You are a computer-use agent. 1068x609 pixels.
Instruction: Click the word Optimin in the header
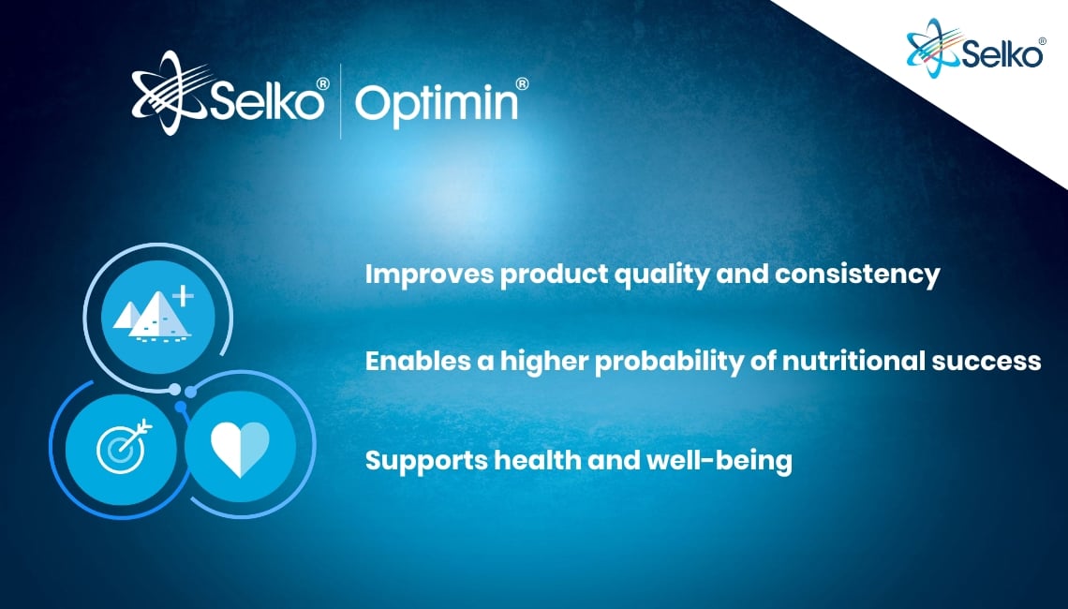(x=437, y=105)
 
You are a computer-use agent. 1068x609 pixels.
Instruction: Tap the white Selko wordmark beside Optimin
(x=266, y=100)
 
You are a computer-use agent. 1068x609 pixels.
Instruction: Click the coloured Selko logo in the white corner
(x=975, y=48)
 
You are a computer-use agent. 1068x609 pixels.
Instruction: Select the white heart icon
(x=240, y=448)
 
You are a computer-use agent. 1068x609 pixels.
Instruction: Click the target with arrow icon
(x=124, y=446)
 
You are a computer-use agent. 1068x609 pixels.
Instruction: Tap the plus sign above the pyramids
(x=183, y=297)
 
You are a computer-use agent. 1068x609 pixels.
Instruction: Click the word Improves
(x=429, y=275)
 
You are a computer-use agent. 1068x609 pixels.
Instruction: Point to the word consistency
(x=857, y=275)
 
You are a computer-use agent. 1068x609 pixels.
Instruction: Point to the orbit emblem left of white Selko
(x=171, y=93)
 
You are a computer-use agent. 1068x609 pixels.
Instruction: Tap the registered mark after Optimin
(x=522, y=83)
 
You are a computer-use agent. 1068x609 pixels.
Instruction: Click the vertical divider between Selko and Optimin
(x=341, y=101)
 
